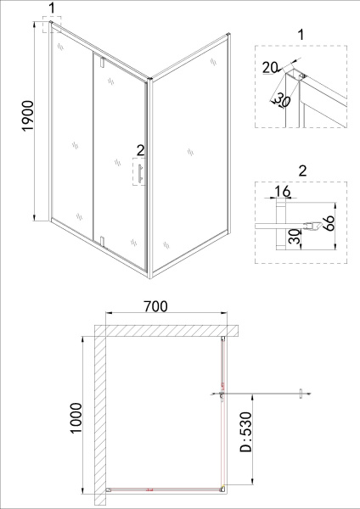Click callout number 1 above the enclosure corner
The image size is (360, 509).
53,8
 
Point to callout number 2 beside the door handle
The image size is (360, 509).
139,151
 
